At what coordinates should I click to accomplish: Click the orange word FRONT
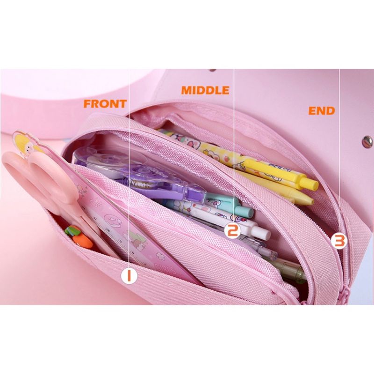pyautogui.click(x=105, y=103)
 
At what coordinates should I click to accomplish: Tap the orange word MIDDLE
pyautogui.click(x=205, y=90)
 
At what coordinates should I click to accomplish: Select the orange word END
pyautogui.click(x=322, y=111)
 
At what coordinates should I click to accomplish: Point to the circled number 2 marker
pyautogui.click(x=232, y=230)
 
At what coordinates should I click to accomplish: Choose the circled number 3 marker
pyautogui.click(x=339, y=241)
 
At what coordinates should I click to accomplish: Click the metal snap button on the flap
pyautogui.click(x=367, y=140)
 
